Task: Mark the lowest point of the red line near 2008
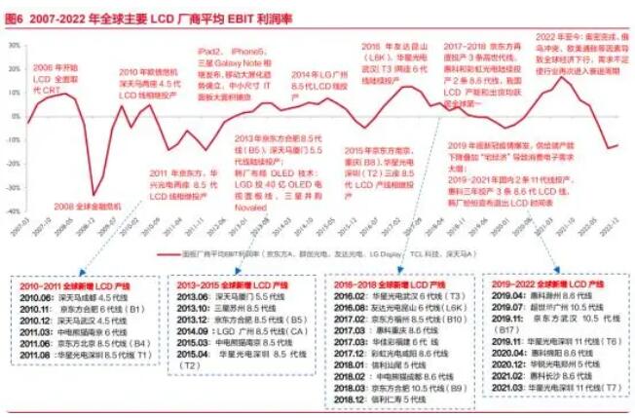click(x=93, y=195)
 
